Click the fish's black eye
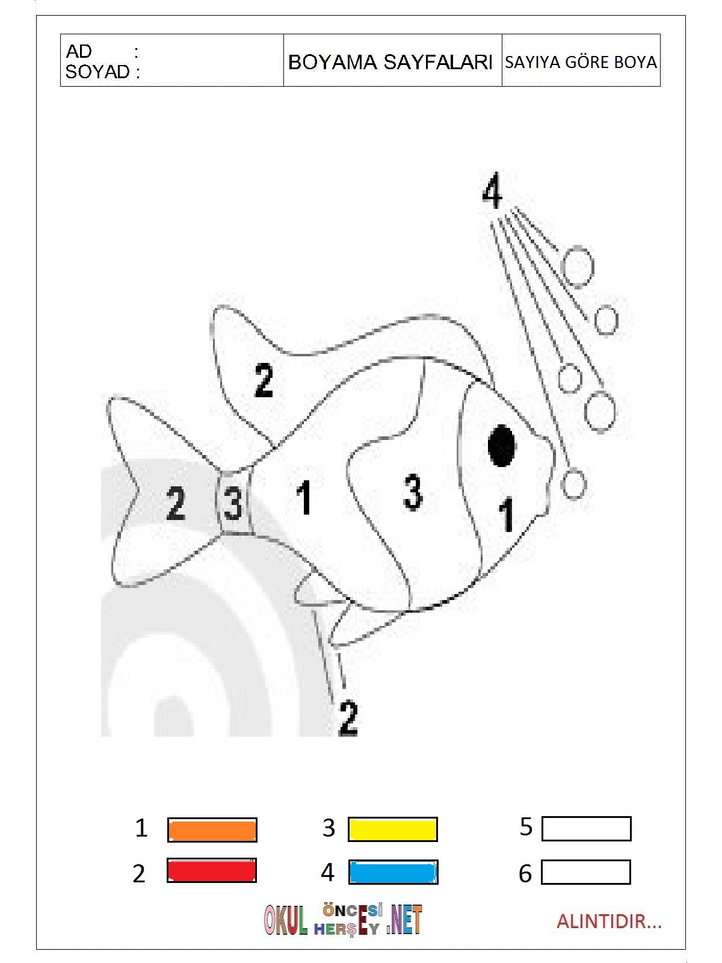point(502,446)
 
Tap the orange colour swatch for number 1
point(212,829)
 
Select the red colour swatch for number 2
point(212,870)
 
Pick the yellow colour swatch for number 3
point(393,829)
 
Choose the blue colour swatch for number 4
point(393,872)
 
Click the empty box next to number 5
point(587,828)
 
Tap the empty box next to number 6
point(586,872)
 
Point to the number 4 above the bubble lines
point(492,190)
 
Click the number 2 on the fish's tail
point(176,503)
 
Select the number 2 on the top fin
point(264,380)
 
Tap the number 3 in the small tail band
point(233,503)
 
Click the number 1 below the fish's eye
point(507,515)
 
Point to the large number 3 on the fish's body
point(413,492)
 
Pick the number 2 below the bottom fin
point(348,718)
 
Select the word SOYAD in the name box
point(97,72)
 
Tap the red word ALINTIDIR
point(609,921)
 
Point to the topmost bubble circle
point(578,267)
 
